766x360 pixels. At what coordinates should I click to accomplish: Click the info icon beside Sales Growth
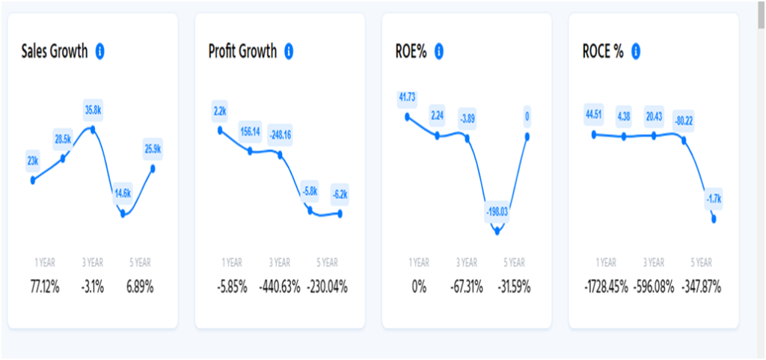click(99, 52)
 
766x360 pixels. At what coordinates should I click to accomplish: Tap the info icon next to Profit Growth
click(289, 52)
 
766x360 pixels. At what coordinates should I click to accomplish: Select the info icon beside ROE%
click(439, 52)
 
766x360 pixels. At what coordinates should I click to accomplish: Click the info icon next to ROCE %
click(636, 52)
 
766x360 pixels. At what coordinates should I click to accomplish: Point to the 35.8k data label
click(93, 110)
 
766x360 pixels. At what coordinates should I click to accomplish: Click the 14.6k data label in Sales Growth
click(122, 193)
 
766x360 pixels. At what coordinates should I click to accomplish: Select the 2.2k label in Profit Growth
click(220, 112)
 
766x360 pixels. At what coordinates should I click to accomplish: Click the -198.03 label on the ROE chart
click(497, 212)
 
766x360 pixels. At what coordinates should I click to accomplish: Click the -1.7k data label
click(714, 199)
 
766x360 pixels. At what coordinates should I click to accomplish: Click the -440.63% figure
click(280, 286)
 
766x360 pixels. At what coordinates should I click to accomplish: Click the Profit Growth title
click(242, 52)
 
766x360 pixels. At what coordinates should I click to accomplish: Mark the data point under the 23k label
click(33, 180)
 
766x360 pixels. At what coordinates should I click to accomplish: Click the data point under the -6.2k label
click(340, 213)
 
